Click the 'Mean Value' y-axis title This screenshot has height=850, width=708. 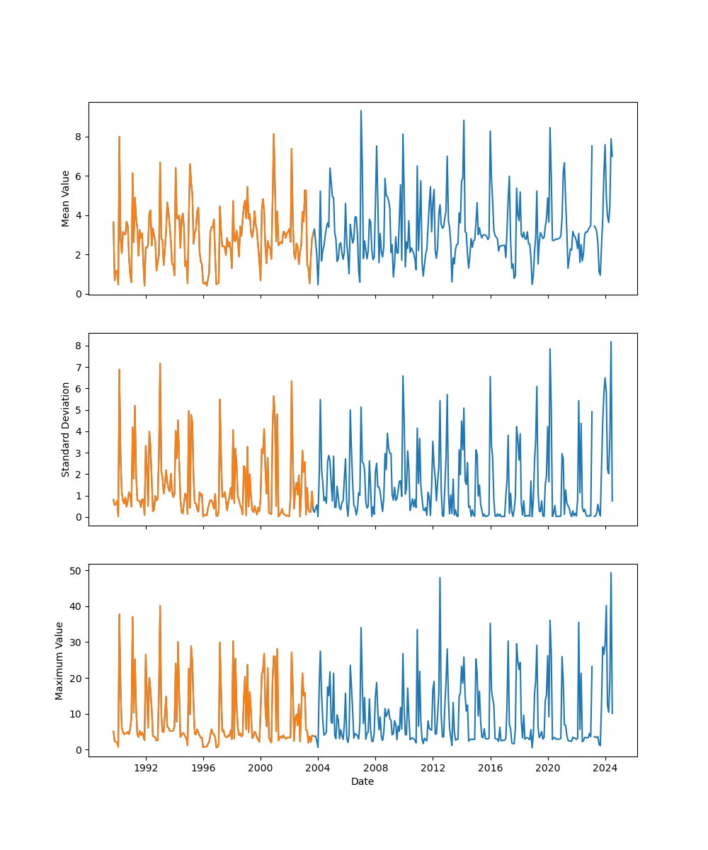[66, 198]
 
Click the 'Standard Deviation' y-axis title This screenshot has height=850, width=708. [66, 429]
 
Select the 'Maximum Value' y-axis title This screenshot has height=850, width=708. [59, 660]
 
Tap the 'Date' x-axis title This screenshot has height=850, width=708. [362, 781]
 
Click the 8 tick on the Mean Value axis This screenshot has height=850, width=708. [79, 137]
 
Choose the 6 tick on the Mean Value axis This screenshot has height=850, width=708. [79, 176]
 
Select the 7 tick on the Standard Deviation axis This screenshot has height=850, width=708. [79, 367]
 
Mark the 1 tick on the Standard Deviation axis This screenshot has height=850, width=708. [79, 496]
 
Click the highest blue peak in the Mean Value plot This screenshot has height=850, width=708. [360, 111]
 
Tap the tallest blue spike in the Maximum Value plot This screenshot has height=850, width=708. [611, 573]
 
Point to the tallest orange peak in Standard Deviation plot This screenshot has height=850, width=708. [160, 363]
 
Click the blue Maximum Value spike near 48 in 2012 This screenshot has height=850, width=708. [440, 578]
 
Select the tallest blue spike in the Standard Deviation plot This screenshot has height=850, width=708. [611, 342]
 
